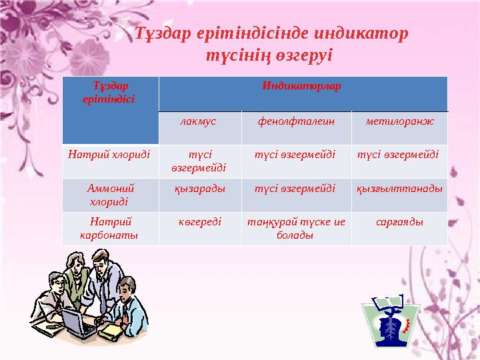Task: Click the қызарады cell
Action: pos(199,189)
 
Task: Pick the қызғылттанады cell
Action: pos(399,189)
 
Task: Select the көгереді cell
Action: pos(199,222)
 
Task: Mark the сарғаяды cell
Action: pos(399,222)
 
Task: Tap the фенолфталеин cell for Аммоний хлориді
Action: pos(295,189)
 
